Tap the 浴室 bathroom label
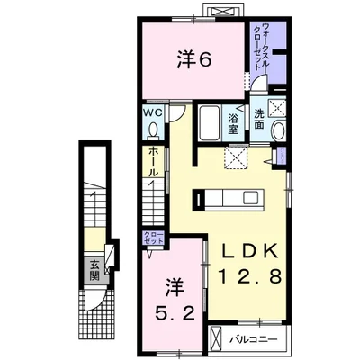coord(233,123)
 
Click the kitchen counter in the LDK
coord(230,196)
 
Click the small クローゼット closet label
coord(152,238)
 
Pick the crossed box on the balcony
coord(217,340)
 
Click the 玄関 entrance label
coord(94,270)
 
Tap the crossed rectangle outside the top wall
coord(221,10)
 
